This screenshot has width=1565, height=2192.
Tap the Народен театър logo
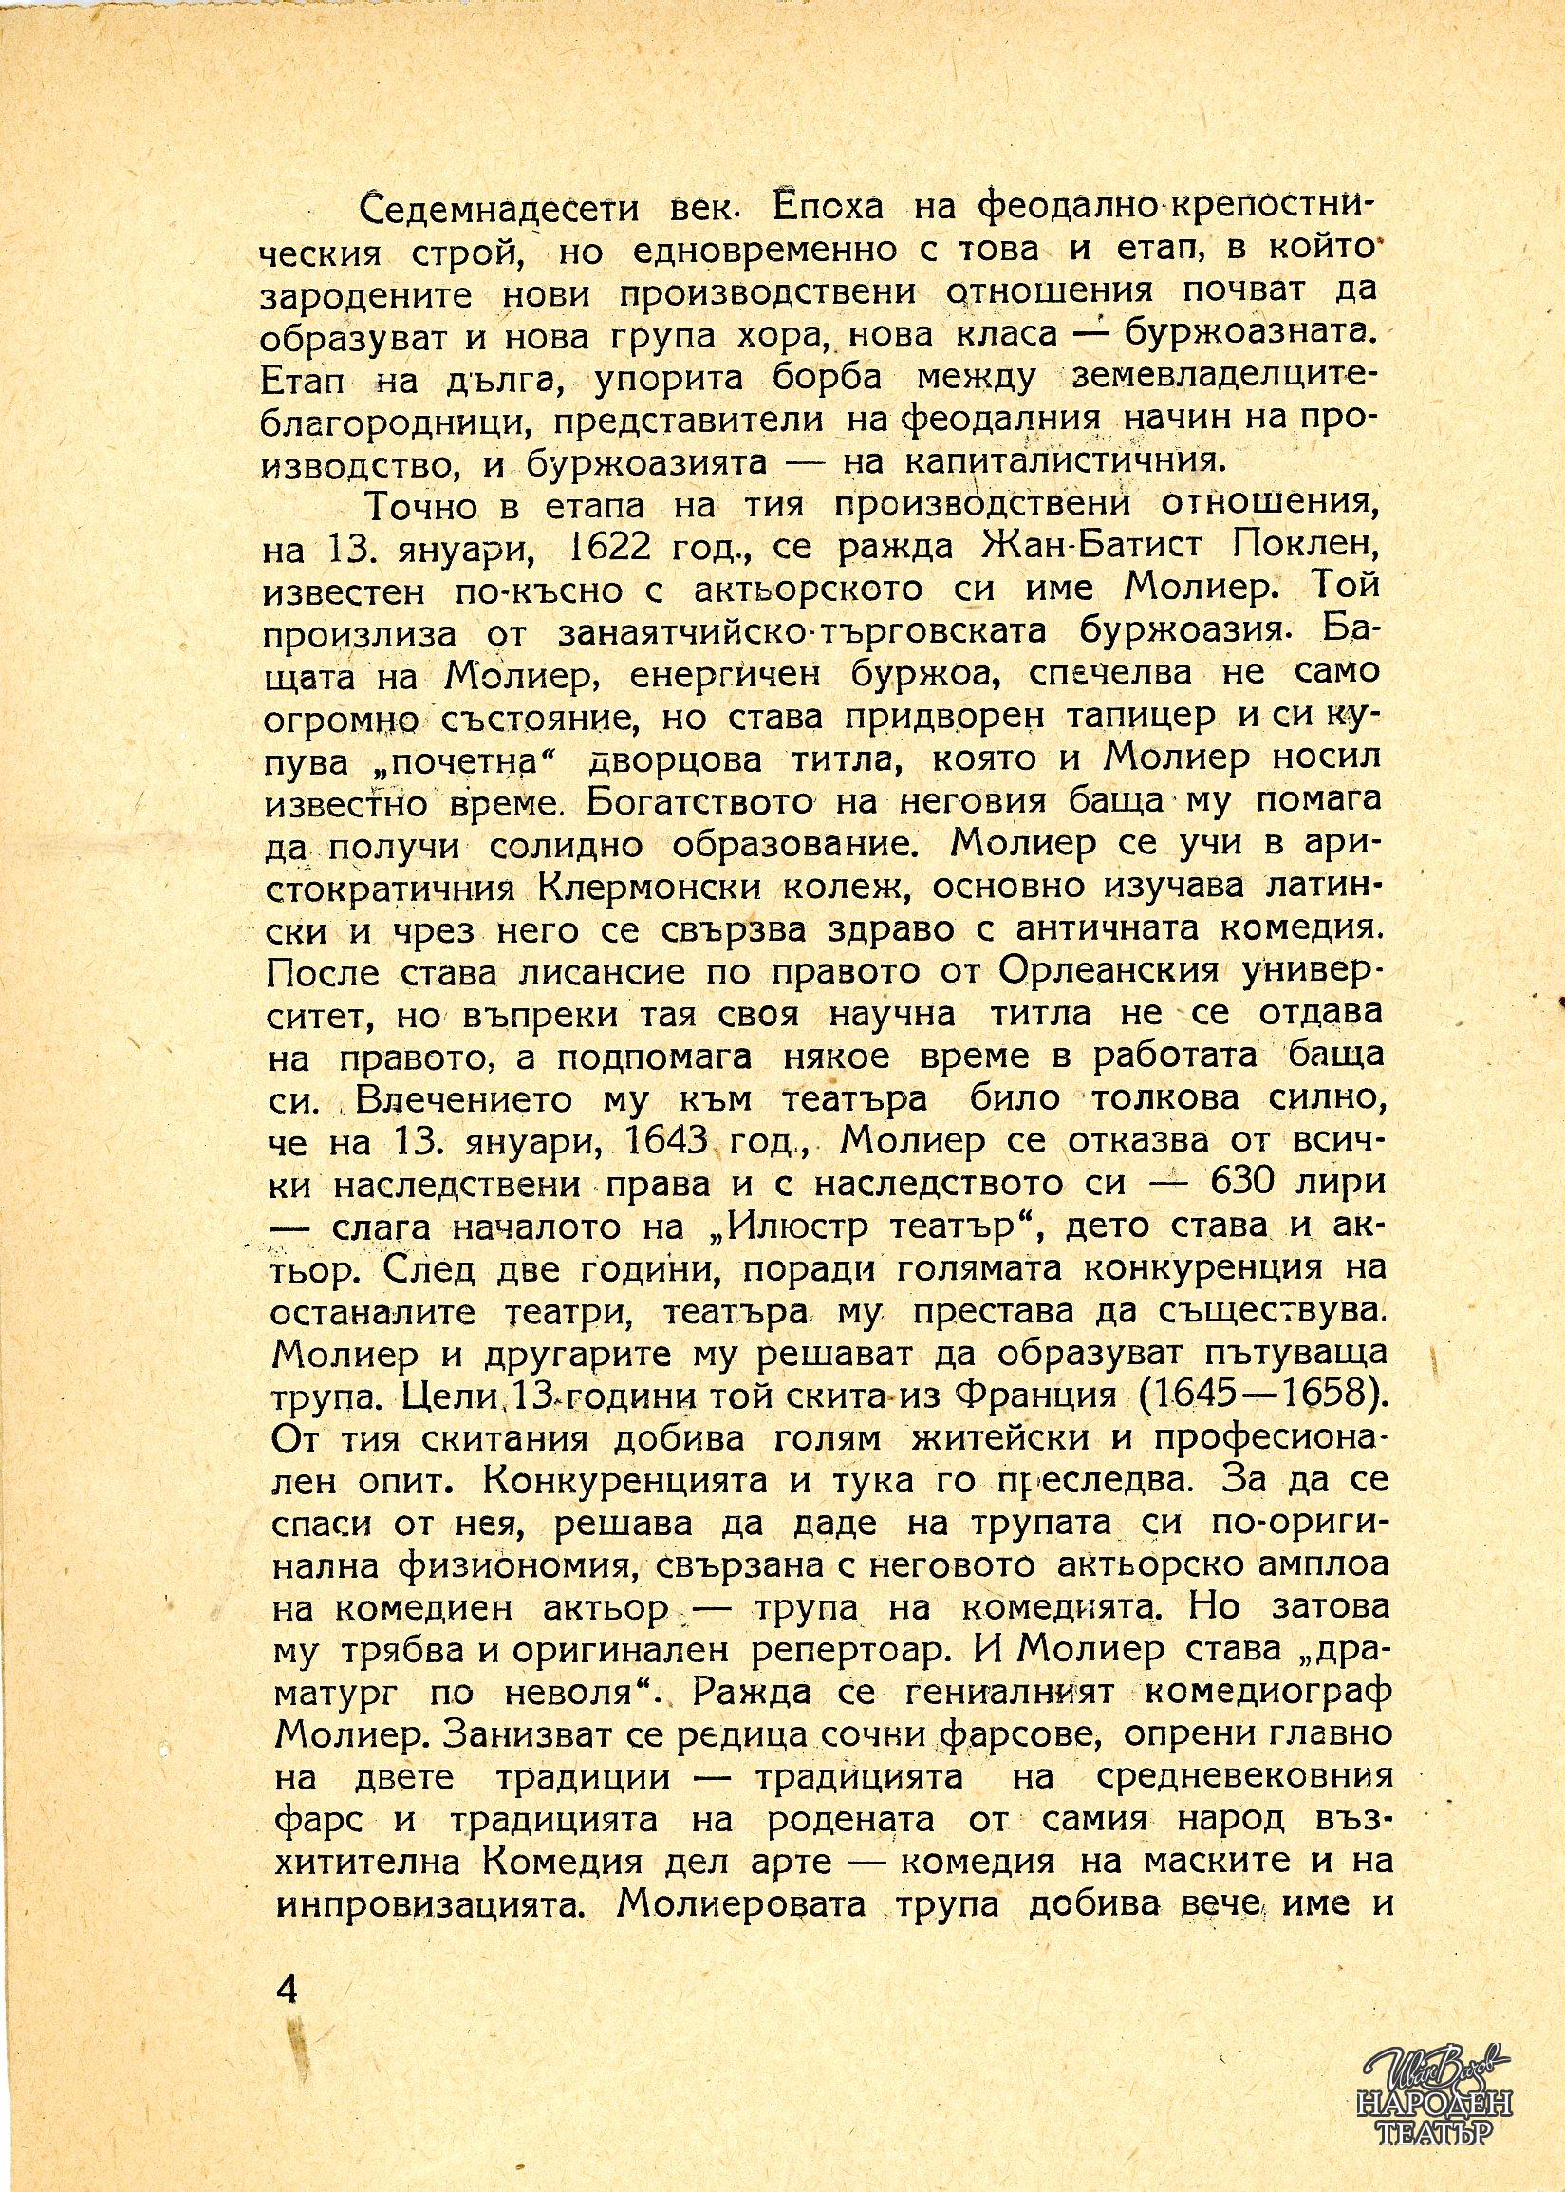1439,2120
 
